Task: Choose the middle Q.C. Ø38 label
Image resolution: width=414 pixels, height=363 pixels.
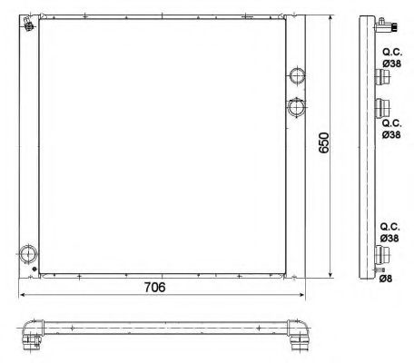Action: (391, 128)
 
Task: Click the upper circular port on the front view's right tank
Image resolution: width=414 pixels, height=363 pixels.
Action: (297, 75)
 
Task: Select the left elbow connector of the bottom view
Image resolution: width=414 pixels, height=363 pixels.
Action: (33, 333)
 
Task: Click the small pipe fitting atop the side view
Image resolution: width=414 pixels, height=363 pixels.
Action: (385, 25)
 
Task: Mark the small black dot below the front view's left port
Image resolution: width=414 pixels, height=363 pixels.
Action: (36, 272)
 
